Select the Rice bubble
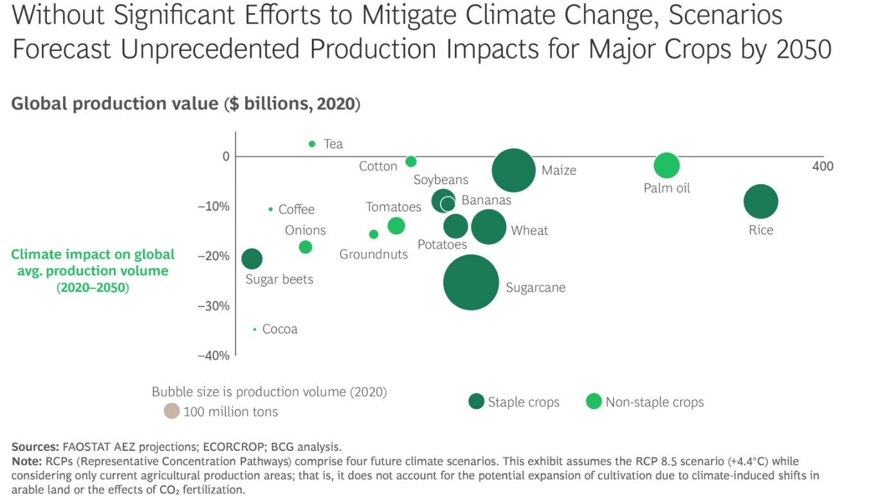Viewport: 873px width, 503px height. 760,202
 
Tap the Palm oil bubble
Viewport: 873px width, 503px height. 666,166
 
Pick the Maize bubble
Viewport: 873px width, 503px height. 513,171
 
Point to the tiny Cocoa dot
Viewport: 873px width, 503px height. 255,329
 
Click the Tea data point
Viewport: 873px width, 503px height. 312,144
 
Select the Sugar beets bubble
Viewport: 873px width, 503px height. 252,259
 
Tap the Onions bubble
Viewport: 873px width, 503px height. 305,247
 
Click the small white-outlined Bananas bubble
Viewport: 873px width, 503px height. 448,204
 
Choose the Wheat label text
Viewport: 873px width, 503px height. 529,231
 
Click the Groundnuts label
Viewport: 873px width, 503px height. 373,254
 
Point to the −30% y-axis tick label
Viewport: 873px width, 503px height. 213,306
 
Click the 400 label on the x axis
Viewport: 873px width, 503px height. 822,166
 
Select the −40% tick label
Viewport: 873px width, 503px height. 213,356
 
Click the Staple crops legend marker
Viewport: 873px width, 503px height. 476,402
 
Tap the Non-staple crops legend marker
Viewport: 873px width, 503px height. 594,402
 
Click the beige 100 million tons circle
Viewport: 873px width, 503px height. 171,411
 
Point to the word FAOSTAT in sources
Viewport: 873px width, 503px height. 86,446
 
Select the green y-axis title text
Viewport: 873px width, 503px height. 93,270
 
